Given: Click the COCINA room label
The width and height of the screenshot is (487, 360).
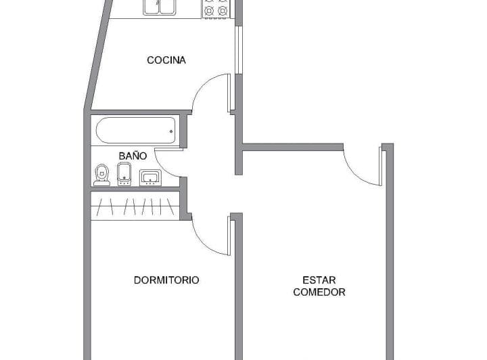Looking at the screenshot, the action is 166,60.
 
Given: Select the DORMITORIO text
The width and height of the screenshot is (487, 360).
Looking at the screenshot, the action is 166,280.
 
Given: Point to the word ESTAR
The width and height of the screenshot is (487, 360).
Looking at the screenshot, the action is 319,280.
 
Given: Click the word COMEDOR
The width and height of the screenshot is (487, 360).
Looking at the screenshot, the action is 319,292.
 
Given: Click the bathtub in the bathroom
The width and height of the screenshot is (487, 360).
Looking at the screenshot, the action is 136,131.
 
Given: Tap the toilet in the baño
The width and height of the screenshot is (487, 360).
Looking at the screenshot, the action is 102,175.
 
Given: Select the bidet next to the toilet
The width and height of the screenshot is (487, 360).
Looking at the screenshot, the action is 124,175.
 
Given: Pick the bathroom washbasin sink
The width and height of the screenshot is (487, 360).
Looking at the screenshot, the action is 150,178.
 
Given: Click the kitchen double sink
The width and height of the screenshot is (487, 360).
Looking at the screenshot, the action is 159,7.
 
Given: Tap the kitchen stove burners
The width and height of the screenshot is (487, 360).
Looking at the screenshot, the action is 216,7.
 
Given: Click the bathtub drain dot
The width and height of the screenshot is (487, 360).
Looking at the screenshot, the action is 171,131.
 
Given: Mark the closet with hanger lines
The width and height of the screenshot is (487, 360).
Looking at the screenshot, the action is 135,206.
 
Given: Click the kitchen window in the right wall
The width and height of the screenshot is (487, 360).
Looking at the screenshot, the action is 239,50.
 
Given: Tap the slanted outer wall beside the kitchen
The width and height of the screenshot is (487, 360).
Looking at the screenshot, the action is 97,55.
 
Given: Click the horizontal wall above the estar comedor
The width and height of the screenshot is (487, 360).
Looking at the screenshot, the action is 293,147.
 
